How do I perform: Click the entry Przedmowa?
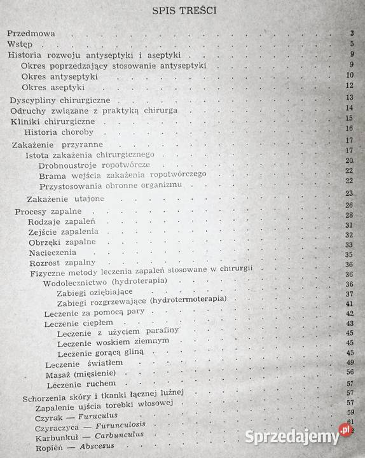(x=31, y=33)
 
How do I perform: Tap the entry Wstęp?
(x=20, y=45)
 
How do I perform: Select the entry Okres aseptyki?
(x=53, y=87)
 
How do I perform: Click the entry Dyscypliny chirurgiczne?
(x=60, y=100)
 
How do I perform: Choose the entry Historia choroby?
(x=59, y=132)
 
